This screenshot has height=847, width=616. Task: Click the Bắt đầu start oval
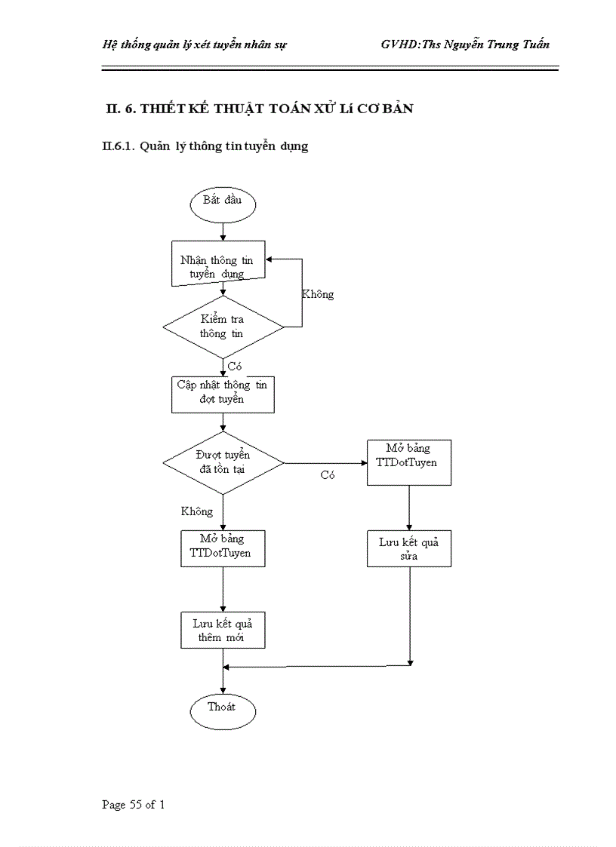[223, 204]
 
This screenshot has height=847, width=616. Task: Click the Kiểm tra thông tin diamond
[223, 327]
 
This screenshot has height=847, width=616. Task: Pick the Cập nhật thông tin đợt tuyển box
[223, 393]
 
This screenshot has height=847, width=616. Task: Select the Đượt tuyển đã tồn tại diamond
[223, 462]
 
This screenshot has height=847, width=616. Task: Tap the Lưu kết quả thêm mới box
[223, 631]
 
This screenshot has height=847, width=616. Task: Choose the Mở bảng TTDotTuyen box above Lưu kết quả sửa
[409, 462]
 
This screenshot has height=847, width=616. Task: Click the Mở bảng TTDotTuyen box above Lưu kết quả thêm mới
[223, 548]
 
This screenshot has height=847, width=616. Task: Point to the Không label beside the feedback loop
[318, 295]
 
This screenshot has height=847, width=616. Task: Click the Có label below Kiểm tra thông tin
[234, 367]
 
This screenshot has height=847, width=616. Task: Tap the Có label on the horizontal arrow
[327, 475]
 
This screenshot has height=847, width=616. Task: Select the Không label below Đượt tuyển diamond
[197, 511]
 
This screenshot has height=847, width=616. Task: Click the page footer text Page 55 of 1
[134, 805]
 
